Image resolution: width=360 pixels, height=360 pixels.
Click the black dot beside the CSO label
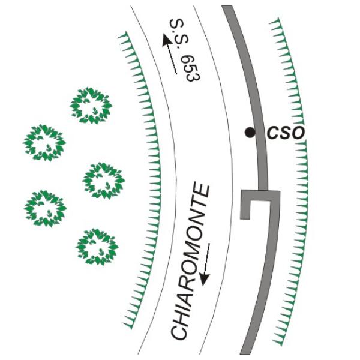tap(250, 133)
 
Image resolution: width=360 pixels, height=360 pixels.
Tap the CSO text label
tap(286, 133)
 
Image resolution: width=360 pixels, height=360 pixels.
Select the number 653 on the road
tap(193, 68)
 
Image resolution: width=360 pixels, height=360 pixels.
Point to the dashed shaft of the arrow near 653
tap(172, 60)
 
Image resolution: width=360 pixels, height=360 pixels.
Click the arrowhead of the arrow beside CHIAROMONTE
tap(204, 280)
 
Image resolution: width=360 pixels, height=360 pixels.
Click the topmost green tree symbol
tap(91, 106)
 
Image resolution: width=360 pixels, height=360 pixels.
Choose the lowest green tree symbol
tap(97, 247)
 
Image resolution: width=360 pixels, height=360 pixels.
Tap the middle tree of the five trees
tap(103, 181)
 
